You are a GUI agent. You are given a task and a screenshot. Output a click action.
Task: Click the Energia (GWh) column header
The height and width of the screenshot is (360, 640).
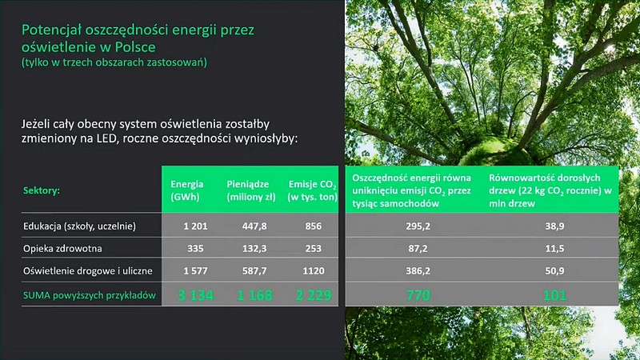pyautogui.click(x=186, y=190)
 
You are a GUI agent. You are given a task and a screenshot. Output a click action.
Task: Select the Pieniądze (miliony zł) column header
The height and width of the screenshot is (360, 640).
pyautogui.click(x=251, y=190)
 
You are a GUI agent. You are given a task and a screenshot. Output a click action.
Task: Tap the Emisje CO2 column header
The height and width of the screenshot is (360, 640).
pyautogui.click(x=312, y=190)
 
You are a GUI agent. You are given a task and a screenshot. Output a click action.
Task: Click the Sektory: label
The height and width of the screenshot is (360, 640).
pyautogui.click(x=42, y=190)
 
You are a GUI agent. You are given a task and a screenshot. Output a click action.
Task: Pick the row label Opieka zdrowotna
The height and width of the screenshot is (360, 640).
pyautogui.click(x=62, y=248)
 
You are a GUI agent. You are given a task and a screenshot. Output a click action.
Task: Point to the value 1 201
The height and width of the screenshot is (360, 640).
pyautogui.click(x=195, y=226)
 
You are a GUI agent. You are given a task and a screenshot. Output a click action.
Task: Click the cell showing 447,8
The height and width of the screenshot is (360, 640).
pyautogui.click(x=254, y=226)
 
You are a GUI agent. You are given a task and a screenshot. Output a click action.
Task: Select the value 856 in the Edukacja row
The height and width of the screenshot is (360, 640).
pyautogui.click(x=314, y=226)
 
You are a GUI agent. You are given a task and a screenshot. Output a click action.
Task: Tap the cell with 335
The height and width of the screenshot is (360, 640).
pyautogui.click(x=195, y=248)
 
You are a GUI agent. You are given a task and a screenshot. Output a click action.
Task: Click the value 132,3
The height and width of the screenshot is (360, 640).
pyautogui.click(x=254, y=248)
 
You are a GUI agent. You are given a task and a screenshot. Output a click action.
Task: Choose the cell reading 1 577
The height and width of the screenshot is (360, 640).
pyautogui.click(x=195, y=270)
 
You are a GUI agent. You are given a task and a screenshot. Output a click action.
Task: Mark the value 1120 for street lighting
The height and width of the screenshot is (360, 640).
pyautogui.click(x=314, y=270)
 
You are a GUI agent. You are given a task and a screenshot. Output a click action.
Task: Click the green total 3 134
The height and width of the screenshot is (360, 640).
pyautogui.click(x=195, y=295)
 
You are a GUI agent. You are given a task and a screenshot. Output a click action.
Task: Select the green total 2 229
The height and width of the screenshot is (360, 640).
pyautogui.click(x=314, y=295)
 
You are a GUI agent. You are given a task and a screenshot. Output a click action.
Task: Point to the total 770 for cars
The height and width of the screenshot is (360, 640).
pyautogui.click(x=418, y=295)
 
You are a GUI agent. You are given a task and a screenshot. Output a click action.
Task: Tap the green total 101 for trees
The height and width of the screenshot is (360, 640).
pyautogui.click(x=554, y=295)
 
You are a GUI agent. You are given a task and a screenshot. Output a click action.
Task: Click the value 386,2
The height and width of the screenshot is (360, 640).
pyautogui.click(x=418, y=270)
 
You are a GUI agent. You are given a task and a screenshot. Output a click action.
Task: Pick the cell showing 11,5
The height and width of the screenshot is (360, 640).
pyautogui.click(x=554, y=248)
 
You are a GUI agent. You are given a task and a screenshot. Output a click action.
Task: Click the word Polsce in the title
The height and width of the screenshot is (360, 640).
pyautogui.click(x=135, y=47)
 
